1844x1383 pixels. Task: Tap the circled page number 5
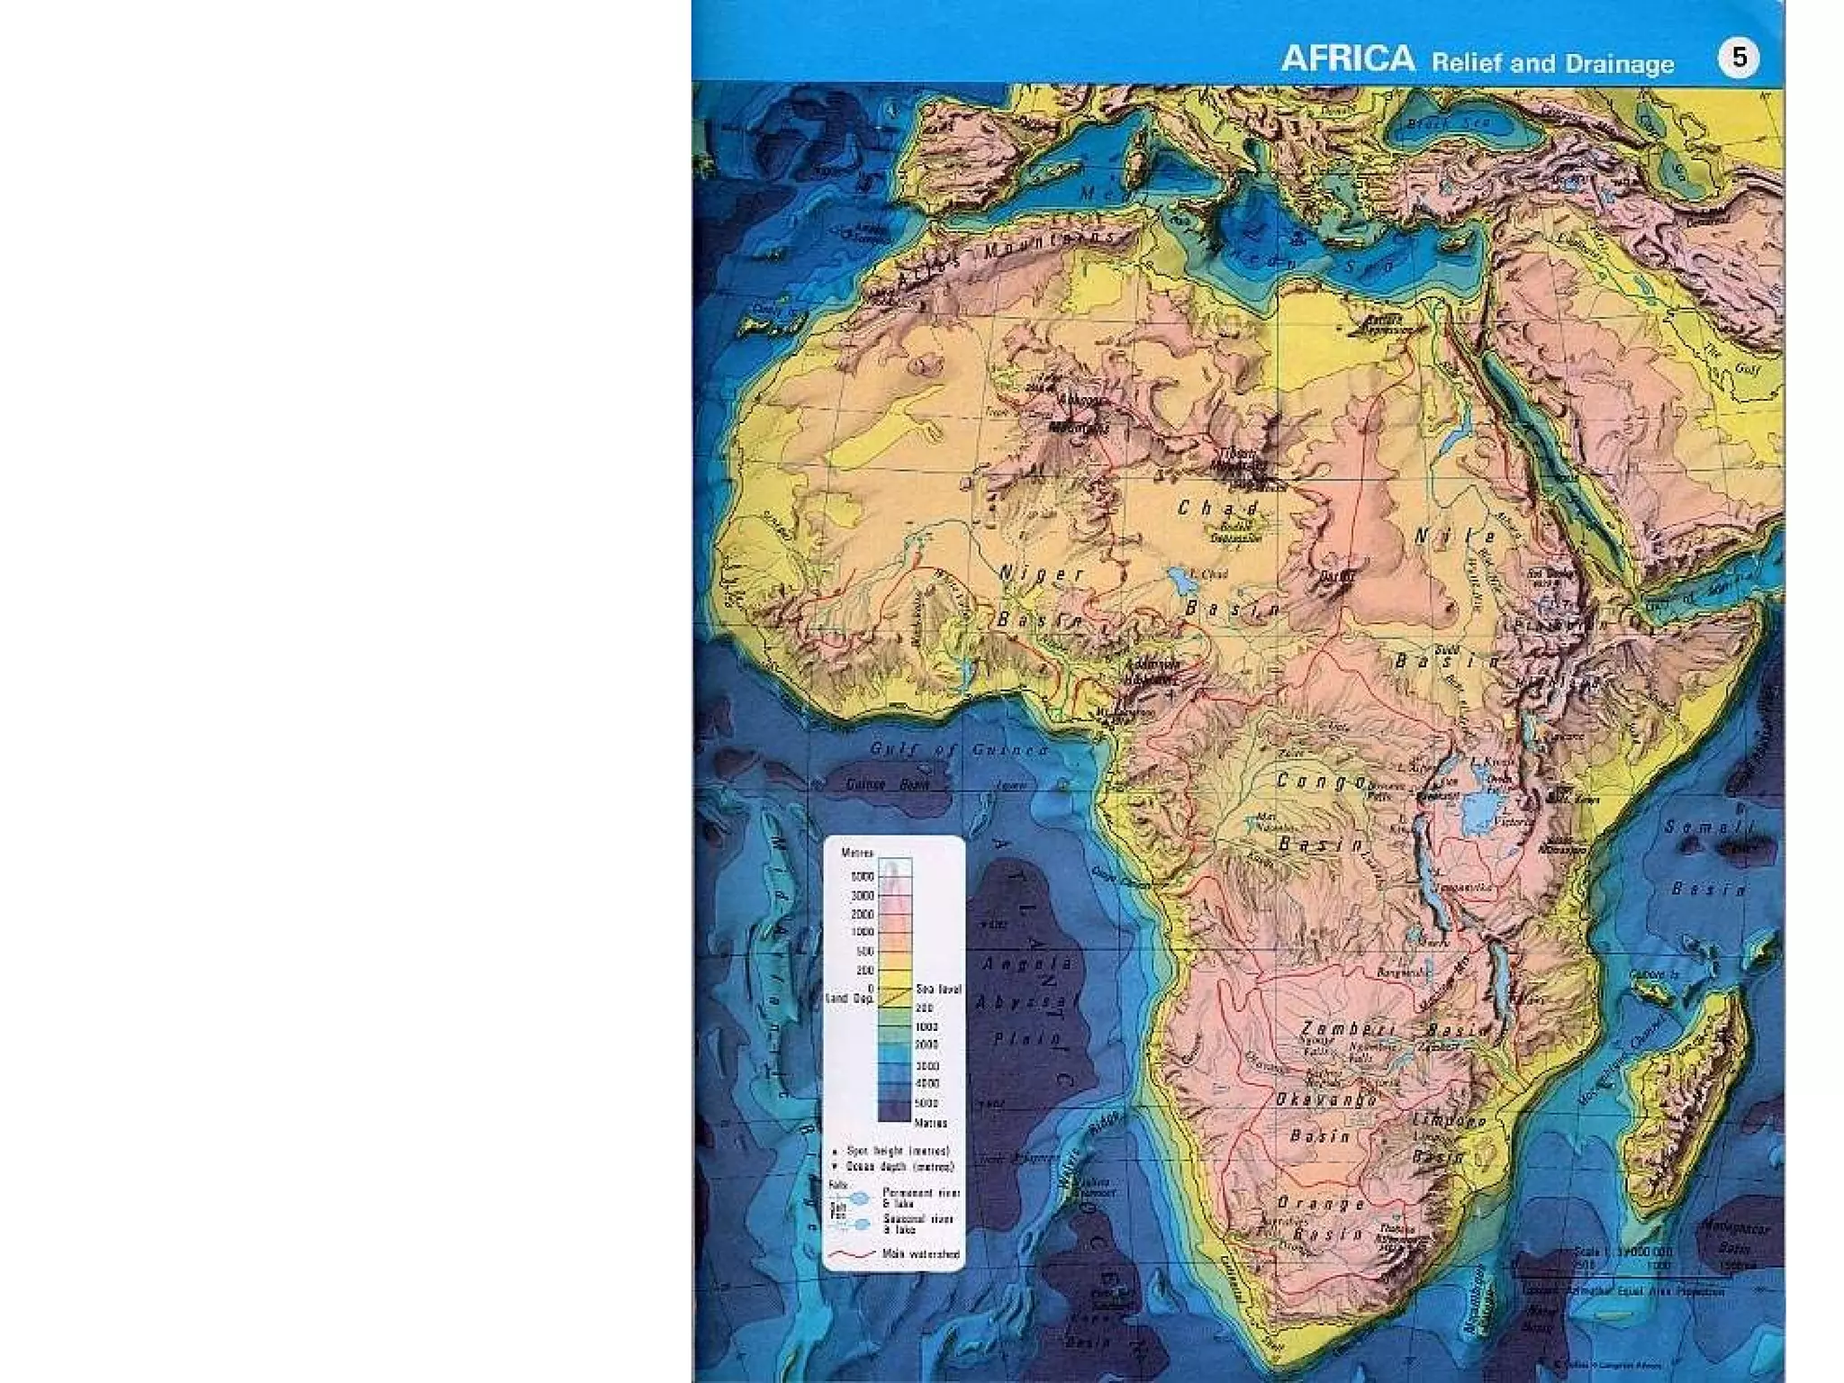(1738, 59)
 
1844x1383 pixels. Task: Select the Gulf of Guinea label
(959, 749)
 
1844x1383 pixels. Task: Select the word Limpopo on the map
(1449, 1121)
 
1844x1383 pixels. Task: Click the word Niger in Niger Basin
(1043, 574)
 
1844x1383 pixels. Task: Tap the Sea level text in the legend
(938, 989)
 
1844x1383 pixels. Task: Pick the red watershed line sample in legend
(852, 1253)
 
